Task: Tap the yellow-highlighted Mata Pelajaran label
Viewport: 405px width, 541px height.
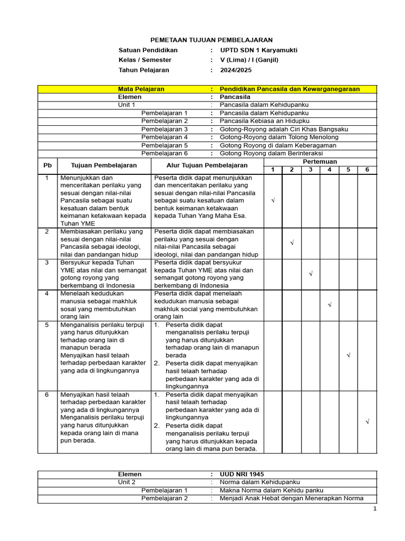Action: click(x=141, y=89)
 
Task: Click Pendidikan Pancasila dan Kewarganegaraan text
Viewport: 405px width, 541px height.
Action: click(x=290, y=89)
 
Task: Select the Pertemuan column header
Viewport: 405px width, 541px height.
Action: click(x=320, y=162)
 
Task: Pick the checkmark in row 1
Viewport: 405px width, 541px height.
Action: click(x=273, y=201)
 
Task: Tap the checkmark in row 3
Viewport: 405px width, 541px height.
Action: click(x=311, y=274)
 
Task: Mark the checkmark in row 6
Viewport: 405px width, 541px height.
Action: click(x=367, y=422)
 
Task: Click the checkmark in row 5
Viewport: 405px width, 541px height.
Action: click(x=348, y=356)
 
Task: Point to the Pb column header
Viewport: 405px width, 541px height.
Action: click(x=47, y=165)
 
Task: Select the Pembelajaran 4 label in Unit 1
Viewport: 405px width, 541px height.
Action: click(x=165, y=137)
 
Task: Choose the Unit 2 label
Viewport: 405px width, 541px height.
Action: click(x=127, y=482)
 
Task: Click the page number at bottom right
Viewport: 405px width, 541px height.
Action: click(x=375, y=509)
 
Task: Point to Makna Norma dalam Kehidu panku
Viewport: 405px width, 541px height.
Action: click(x=272, y=490)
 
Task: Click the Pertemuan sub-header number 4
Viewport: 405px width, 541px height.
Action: click(x=329, y=170)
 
